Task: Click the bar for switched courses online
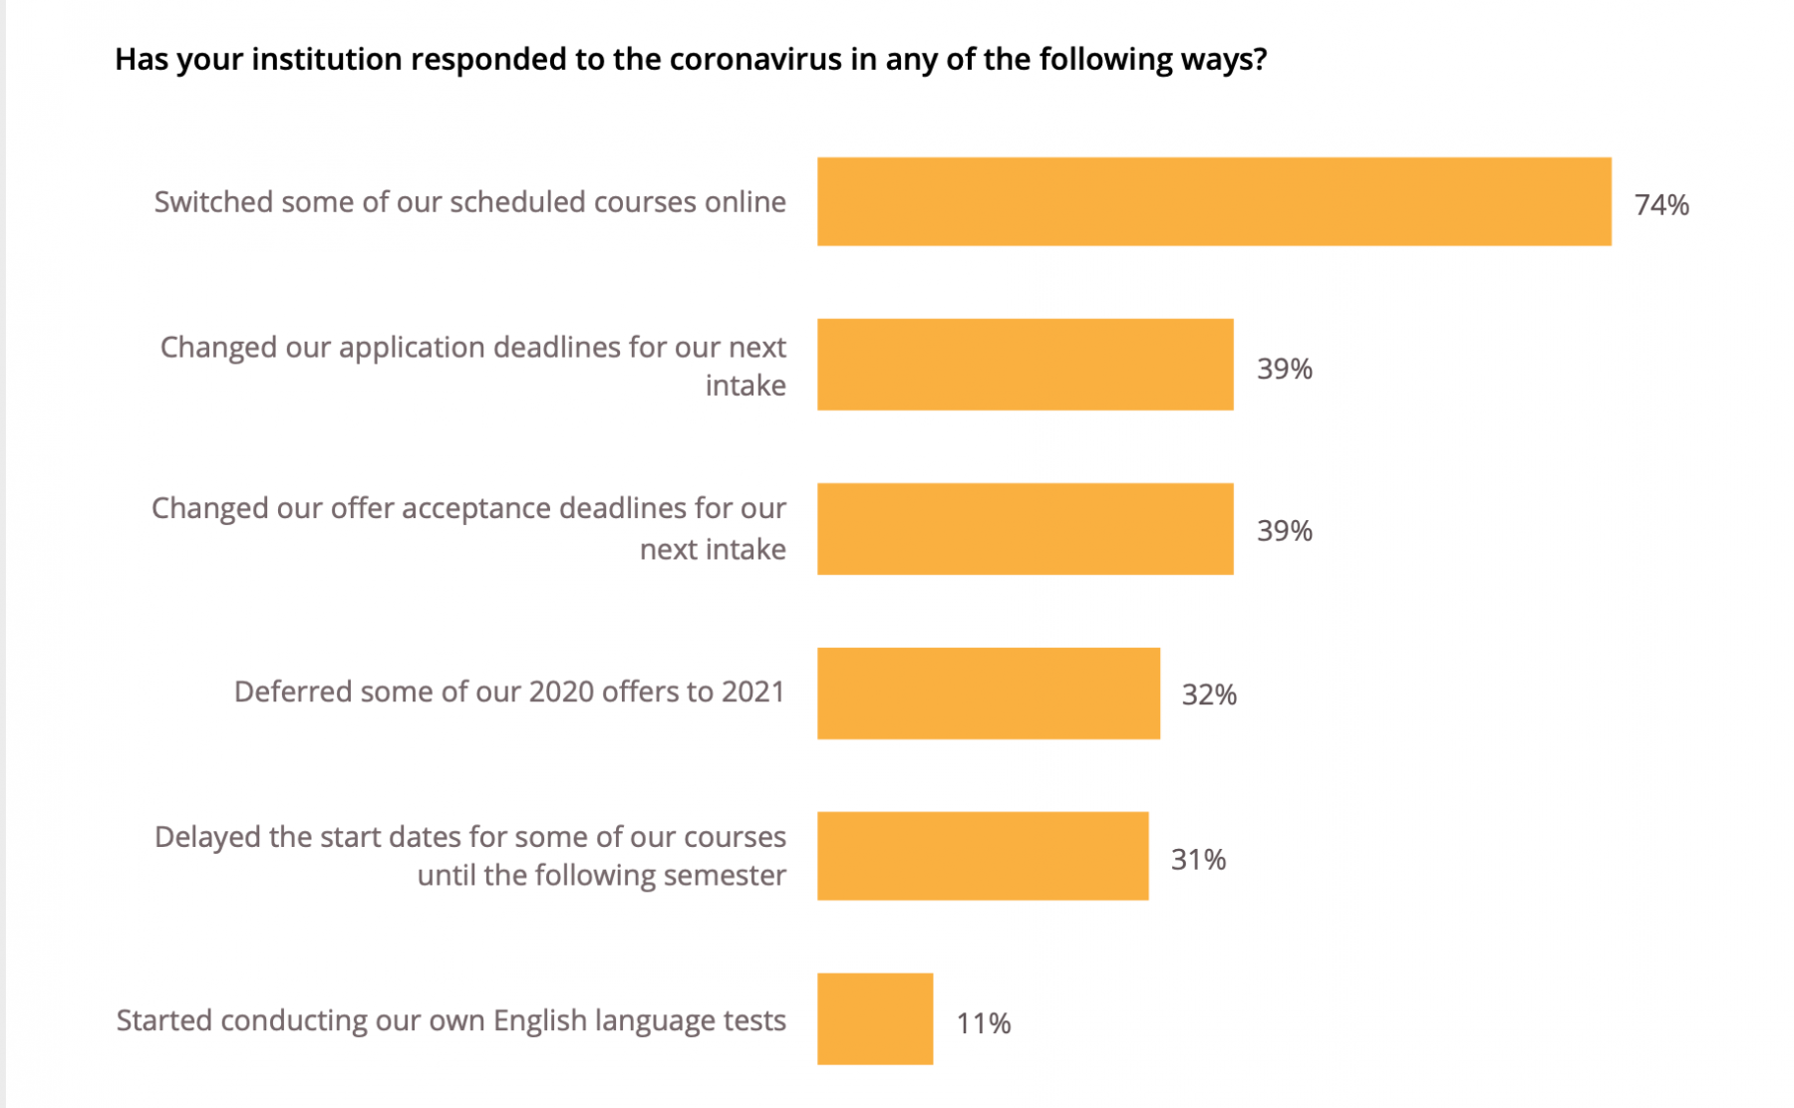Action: [1213, 201]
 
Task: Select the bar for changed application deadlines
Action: [1025, 365]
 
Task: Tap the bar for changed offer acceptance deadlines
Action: [1025, 529]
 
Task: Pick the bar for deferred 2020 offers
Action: [988, 693]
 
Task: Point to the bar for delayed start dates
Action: [983, 856]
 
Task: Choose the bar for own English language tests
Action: [875, 1018]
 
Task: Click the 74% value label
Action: [1661, 205]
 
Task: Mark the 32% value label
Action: [1209, 694]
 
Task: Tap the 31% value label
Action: [1198, 859]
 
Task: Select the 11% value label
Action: [984, 1023]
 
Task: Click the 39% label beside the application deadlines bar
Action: [1285, 369]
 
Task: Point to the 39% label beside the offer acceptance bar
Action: [1285, 530]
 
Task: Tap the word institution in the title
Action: [326, 60]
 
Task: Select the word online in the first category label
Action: [745, 202]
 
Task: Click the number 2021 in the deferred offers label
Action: [752, 692]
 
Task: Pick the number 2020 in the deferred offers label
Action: [561, 692]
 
